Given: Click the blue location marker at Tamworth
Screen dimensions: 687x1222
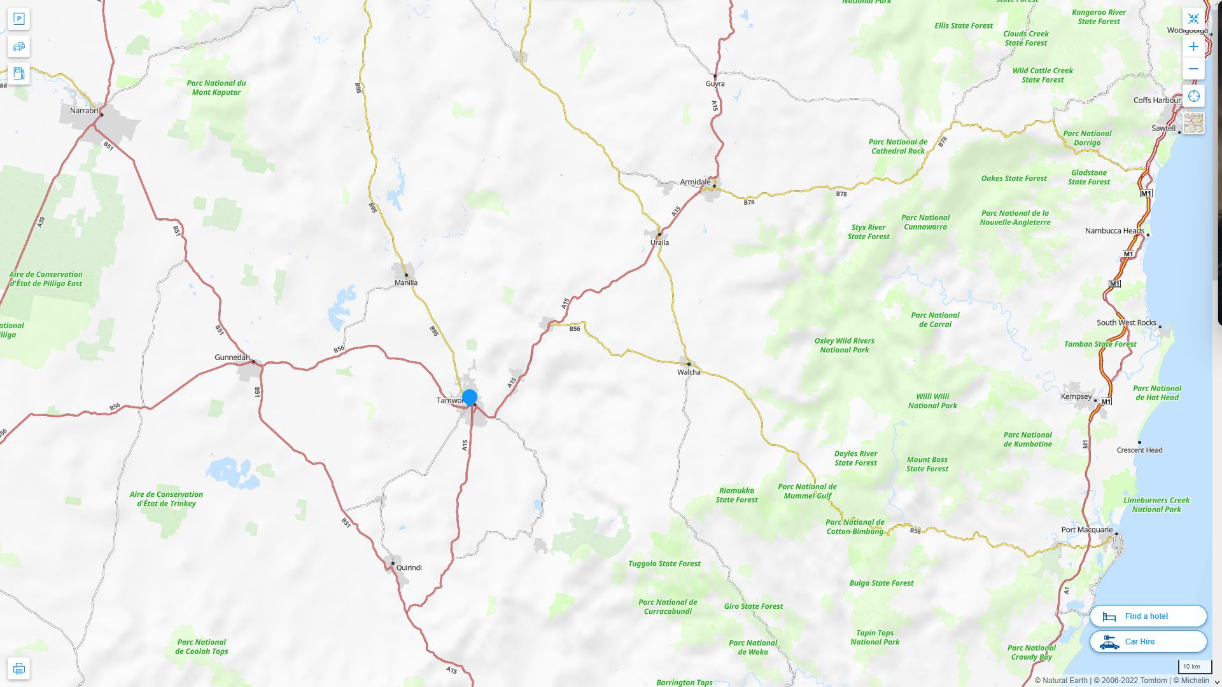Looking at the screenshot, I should [470, 398].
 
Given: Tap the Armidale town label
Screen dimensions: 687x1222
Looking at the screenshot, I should [695, 182].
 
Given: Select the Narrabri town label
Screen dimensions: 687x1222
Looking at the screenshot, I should [84, 111].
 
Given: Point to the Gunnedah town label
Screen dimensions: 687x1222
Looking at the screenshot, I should [232, 357].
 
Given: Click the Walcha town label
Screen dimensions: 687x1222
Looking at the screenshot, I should [689, 372].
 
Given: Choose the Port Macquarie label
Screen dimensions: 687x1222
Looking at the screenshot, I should [1087, 530].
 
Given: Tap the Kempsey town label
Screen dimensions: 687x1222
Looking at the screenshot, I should [1076, 397].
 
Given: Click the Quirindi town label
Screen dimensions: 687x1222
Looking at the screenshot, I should [409, 567].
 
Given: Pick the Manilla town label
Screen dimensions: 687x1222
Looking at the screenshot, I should [406, 283].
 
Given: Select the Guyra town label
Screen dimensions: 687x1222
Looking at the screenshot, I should [715, 84].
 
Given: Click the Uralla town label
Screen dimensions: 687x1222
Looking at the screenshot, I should [659, 242].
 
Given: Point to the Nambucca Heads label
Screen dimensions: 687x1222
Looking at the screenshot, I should [1114, 231].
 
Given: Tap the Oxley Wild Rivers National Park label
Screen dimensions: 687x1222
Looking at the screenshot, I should [844, 345].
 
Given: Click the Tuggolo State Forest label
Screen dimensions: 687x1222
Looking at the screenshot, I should [664, 564].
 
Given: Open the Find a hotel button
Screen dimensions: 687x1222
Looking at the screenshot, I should [1148, 616].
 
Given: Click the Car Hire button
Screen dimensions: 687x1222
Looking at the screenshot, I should [1148, 642].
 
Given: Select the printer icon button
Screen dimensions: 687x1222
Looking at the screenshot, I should [19, 669].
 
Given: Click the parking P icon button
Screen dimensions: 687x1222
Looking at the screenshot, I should [19, 19].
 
